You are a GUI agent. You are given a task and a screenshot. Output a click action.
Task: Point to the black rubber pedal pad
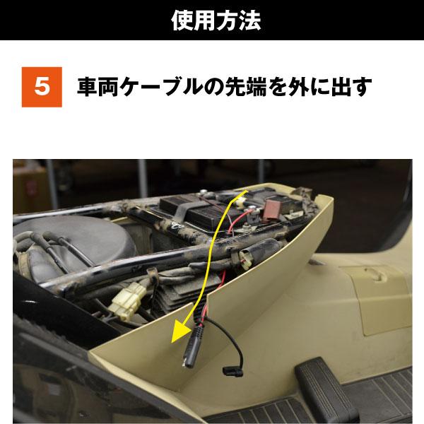coord(325,382)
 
